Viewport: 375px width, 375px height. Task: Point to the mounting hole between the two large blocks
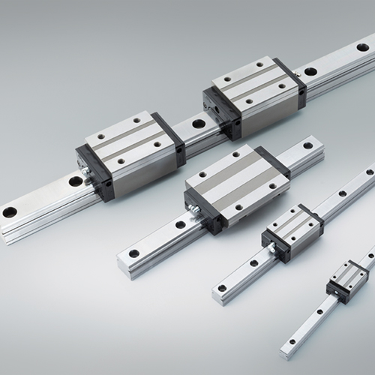[x=199, y=124]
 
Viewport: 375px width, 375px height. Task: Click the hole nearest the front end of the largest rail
[x=10, y=212]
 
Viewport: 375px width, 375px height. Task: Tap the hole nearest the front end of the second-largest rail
[x=133, y=253]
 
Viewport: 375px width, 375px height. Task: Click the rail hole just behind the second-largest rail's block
[x=307, y=145]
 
